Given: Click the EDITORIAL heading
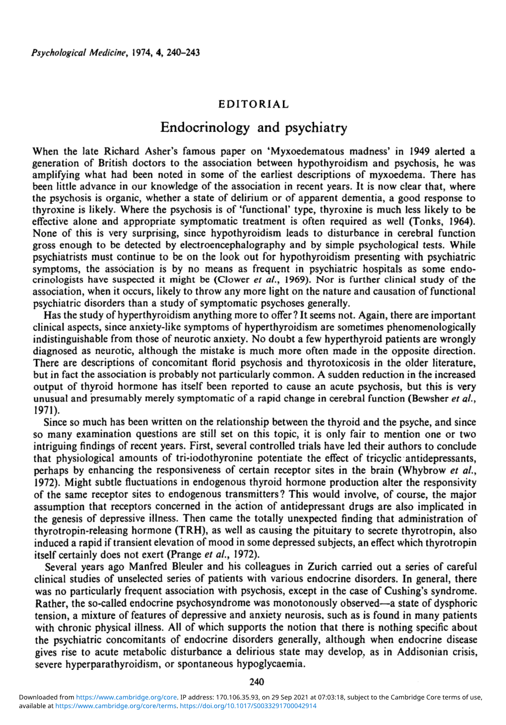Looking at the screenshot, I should pos(253,105).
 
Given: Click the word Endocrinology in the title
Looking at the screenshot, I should pos(205,128).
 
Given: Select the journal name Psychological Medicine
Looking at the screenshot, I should pos(73,52).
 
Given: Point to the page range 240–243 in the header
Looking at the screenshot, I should pos(184,52).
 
